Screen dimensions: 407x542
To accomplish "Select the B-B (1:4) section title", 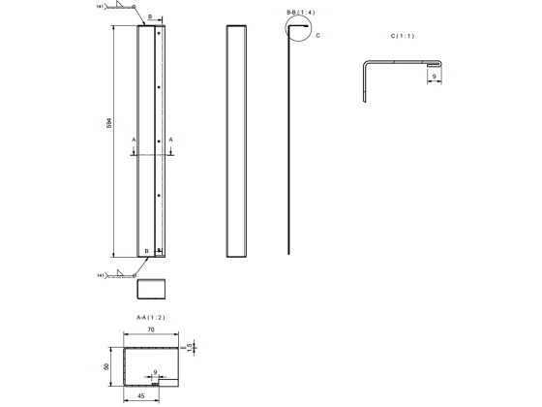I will [x=300, y=12].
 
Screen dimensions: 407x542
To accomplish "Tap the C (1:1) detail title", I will [x=402, y=36].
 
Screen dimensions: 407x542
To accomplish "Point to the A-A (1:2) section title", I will [x=150, y=317].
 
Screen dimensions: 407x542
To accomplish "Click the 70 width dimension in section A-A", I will [x=151, y=330].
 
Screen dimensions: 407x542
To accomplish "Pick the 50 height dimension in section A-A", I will [x=106, y=368].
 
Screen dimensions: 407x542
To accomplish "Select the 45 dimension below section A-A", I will [x=139, y=395].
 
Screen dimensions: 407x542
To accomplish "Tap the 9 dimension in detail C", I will [x=435, y=76].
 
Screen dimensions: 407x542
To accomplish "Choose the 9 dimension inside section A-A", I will [x=155, y=371].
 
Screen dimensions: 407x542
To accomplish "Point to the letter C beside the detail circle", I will [x=317, y=35].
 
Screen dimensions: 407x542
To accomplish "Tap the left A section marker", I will [x=134, y=140].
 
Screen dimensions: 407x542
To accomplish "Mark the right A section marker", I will [x=171, y=140].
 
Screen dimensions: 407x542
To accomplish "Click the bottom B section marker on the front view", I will [x=147, y=251].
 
